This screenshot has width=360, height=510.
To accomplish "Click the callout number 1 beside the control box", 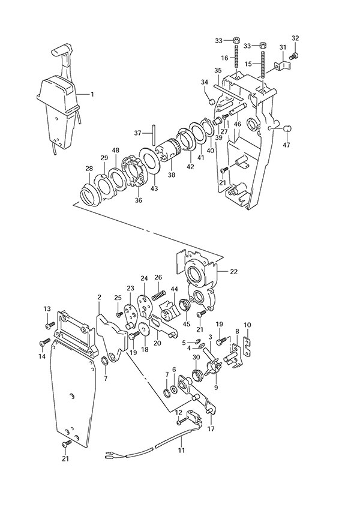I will click(92, 94).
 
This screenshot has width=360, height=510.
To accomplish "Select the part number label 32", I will click(295, 38).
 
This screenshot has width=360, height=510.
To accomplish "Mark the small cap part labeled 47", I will click(287, 128).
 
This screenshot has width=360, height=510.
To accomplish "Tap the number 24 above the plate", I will click(144, 278).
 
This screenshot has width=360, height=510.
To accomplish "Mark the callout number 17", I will click(211, 429).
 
